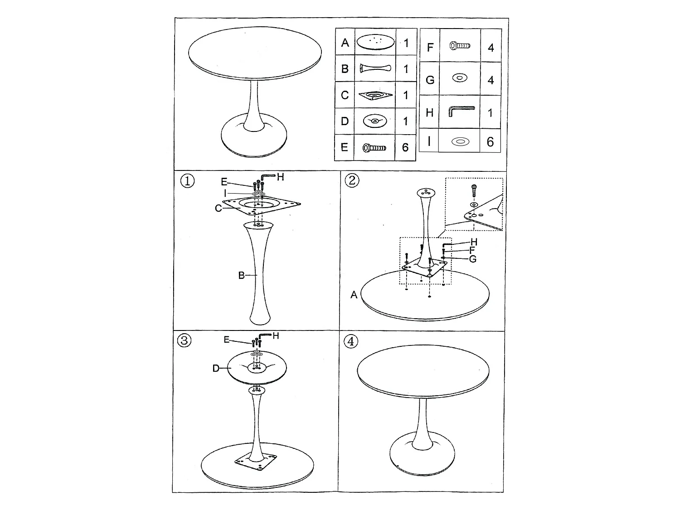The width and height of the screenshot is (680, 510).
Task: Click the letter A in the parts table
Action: [x=345, y=43]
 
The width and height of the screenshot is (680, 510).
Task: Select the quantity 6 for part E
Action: [x=405, y=147]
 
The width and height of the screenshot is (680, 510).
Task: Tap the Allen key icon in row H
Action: [x=461, y=111]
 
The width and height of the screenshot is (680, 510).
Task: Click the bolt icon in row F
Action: [x=460, y=46]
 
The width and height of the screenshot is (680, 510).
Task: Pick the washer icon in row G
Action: [x=460, y=78]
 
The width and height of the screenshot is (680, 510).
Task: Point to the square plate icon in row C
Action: [x=375, y=95]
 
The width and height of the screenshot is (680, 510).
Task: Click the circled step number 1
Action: [x=187, y=181]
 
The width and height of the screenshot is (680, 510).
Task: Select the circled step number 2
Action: [x=352, y=180]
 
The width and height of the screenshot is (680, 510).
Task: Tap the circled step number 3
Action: [x=184, y=340]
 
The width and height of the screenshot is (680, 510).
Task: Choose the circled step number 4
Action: [x=351, y=341]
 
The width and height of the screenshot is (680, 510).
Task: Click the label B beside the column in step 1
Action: [x=241, y=275]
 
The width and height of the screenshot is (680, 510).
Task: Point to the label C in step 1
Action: [x=218, y=209]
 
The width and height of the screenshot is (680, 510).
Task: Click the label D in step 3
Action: [x=216, y=368]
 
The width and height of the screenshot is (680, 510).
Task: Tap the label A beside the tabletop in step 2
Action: [x=354, y=295]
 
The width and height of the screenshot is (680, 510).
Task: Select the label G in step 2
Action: [x=472, y=259]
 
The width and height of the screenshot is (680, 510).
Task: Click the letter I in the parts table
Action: [x=429, y=141]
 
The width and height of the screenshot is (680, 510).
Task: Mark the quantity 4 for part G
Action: [x=490, y=80]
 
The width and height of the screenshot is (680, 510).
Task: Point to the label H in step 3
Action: [x=276, y=335]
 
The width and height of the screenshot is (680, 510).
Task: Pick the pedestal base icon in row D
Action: [x=375, y=121]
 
